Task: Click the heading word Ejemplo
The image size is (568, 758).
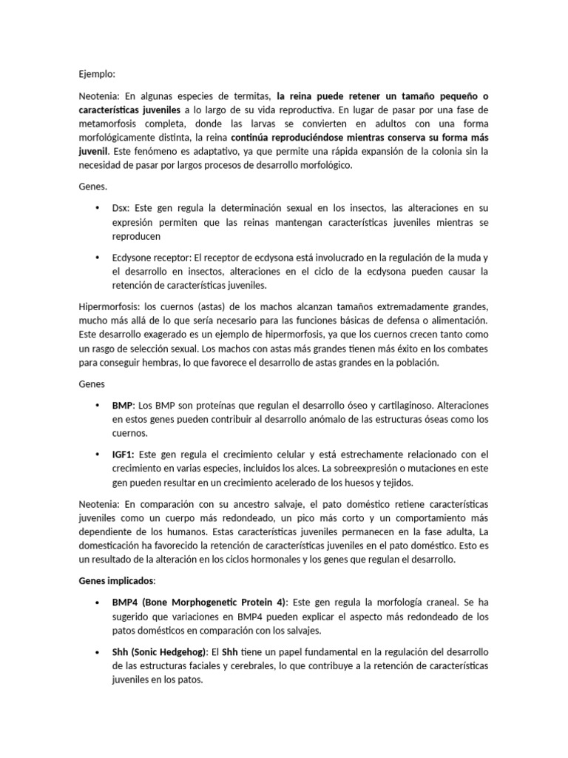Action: (96, 74)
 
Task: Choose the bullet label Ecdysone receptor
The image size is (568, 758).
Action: (151, 258)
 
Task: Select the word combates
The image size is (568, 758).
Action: (465, 349)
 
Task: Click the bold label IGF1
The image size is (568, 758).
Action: (124, 454)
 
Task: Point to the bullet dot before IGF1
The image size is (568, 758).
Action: (97, 454)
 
